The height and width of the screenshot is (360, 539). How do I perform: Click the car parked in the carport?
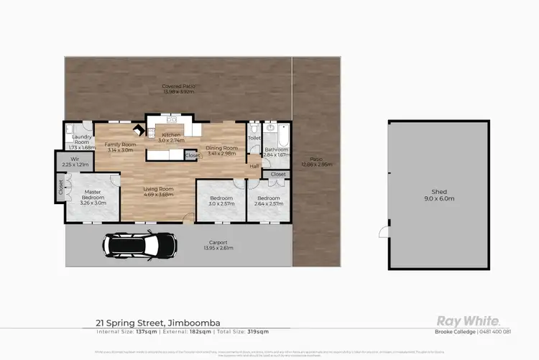[x=140, y=246]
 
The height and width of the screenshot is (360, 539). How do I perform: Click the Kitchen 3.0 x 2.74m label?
[x=171, y=138]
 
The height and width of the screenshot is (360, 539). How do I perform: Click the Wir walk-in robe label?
[x=75, y=161]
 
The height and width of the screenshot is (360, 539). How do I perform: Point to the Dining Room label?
[x=222, y=150]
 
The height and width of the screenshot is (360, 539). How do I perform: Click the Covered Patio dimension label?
[x=179, y=89]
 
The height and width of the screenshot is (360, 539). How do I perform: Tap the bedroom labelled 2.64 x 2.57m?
[x=268, y=200]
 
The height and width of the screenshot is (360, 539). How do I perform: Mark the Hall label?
[x=254, y=166]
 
